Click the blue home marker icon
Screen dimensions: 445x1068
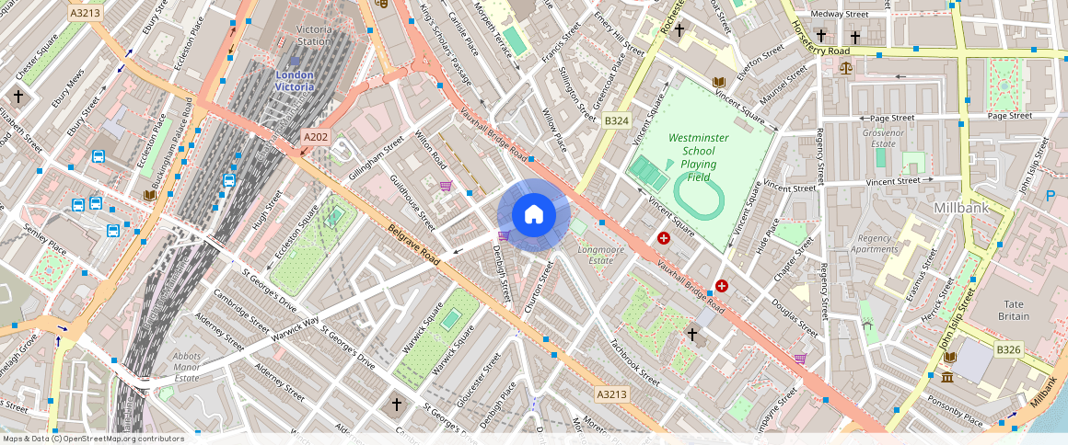[x=533, y=215]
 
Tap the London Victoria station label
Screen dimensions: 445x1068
[x=295, y=80]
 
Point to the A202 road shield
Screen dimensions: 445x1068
[x=316, y=137]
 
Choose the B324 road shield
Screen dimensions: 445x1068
[x=616, y=120]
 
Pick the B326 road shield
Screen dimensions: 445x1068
[x=1010, y=349]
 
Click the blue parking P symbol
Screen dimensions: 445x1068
[x=1051, y=195]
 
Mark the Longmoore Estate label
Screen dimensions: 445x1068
[x=600, y=255]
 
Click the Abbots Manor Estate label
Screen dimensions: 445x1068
[x=187, y=368]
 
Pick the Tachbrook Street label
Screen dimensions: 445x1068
[x=634, y=364]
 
